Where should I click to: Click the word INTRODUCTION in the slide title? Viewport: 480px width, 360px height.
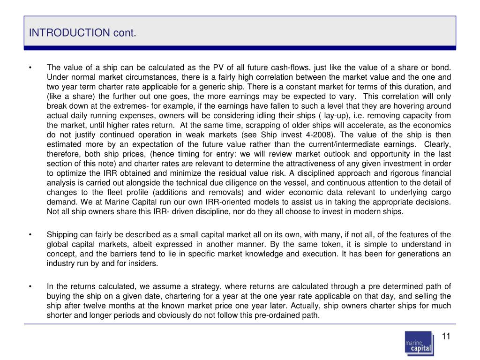[69, 33]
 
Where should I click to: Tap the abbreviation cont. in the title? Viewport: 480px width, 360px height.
[124, 33]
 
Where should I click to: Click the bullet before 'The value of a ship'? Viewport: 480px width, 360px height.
[30, 67]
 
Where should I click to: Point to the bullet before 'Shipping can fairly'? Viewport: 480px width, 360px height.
[30, 235]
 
